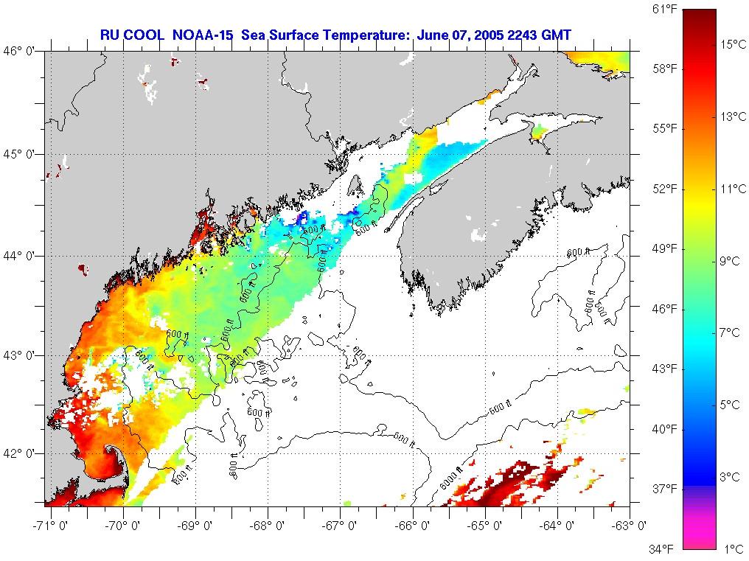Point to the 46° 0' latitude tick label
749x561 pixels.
point(20,51)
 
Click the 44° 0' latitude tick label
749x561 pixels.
point(20,256)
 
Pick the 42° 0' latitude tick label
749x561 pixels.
point(20,453)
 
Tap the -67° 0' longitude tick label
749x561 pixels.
point(341,526)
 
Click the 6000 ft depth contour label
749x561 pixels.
point(450,480)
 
